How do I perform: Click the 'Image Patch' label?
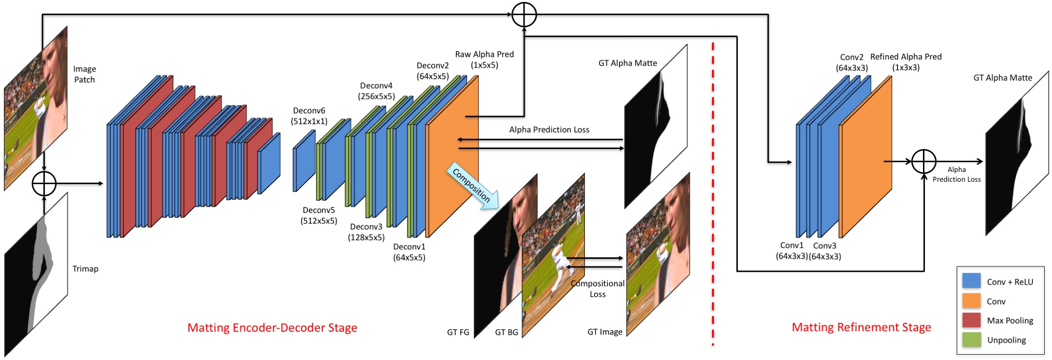pos(84,74)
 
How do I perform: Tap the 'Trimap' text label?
pos(85,269)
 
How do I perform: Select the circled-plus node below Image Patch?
pos(44,184)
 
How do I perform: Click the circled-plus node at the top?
pos(524,14)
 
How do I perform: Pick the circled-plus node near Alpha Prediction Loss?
pos(923,161)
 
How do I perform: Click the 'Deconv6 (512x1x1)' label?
pos(309,116)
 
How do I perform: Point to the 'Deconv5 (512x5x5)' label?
pos(319,215)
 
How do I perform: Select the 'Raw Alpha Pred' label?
pos(485,54)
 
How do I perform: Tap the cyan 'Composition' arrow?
pos(472,186)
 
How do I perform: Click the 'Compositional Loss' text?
pos(598,289)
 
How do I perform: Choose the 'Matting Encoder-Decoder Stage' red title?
pos(272,328)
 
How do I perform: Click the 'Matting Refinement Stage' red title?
pos(861,327)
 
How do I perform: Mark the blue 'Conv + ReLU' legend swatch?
pos(971,281)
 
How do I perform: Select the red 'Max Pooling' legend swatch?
pos(971,320)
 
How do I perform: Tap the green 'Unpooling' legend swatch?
pos(971,339)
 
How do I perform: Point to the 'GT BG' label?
pos(507,332)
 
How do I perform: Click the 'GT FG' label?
pos(458,332)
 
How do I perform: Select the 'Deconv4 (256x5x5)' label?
pos(376,91)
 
